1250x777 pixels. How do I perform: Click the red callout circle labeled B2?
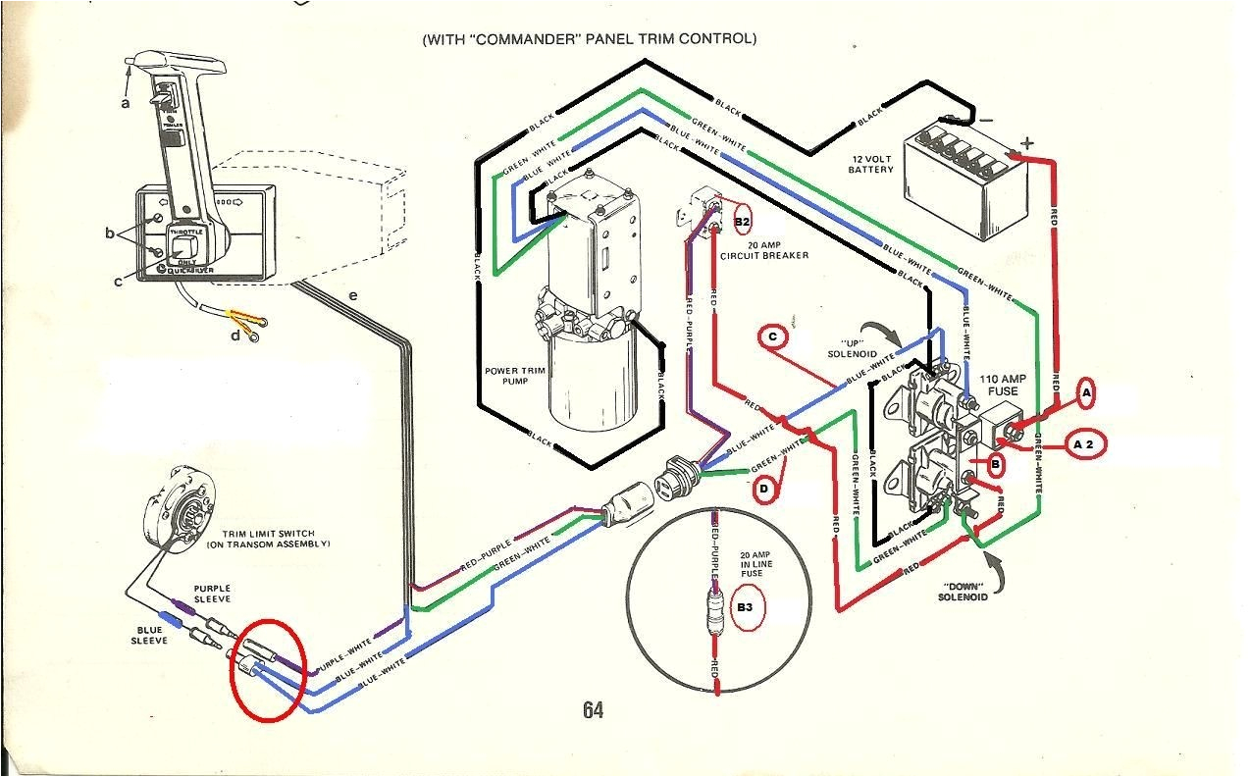[x=742, y=222]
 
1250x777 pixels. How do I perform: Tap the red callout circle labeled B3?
[x=747, y=609]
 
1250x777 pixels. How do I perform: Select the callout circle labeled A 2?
[x=1083, y=443]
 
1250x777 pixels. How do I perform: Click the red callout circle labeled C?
[x=772, y=337]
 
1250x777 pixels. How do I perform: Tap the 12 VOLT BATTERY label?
[x=870, y=163]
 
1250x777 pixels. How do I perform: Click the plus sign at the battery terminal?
[x=1026, y=143]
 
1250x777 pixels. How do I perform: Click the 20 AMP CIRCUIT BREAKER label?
[x=764, y=249]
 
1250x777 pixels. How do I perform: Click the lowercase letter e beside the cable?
[x=352, y=293]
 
